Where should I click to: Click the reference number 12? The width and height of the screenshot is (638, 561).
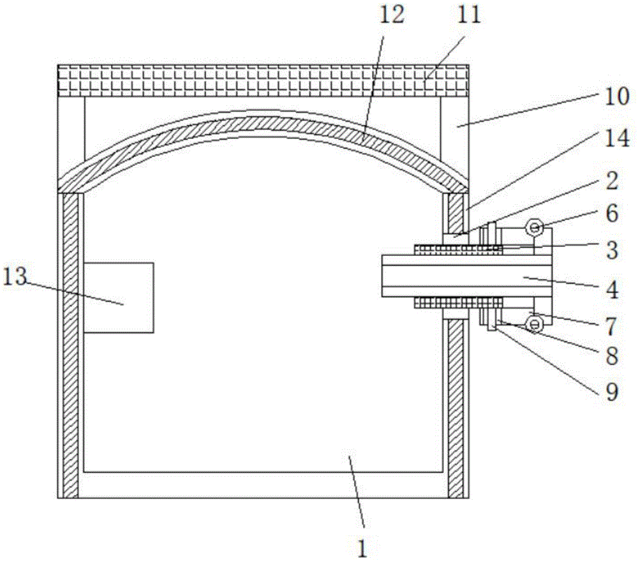coord(392,15)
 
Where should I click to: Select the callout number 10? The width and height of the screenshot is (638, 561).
coord(617,97)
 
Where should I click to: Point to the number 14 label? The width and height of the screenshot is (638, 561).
coord(617,138)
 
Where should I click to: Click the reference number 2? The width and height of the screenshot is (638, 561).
coord(612,181)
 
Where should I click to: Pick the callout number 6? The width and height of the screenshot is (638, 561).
coord(612,213)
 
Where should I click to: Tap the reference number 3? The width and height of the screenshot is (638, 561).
coord(612,250)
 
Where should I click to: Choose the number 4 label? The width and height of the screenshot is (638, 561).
coord(612,290)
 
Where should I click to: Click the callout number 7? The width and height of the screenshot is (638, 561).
coord(612,326)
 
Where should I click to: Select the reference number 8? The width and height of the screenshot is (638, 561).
coord(612,356)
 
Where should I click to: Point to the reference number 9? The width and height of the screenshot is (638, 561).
coord(612,392)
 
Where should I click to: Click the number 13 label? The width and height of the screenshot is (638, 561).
coord(15,277)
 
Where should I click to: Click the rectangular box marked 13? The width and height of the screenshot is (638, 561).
coord(119,297)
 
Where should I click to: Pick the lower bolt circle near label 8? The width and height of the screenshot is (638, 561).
coord(535,324)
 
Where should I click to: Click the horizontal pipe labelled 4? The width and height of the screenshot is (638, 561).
coord(467,276)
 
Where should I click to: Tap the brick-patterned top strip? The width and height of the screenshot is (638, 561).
coord(263,80)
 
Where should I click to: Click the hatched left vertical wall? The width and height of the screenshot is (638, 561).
coord(70,345)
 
